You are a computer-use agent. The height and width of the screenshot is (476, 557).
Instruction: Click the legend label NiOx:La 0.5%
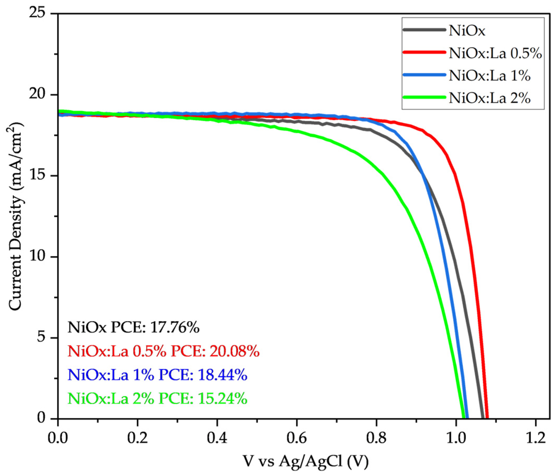pyautogui.click(x=495, y=53)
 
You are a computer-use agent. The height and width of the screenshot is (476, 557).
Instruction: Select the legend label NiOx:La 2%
pyautogui.click(x=489, y=98)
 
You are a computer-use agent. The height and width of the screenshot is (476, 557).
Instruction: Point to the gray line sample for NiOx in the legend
pyautogui.click(x=424, y=30)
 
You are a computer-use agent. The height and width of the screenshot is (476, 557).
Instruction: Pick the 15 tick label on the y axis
pyautogui.click(x=40, y=176)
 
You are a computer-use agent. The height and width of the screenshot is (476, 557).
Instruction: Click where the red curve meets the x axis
pyautogui.click(x=487, y=419)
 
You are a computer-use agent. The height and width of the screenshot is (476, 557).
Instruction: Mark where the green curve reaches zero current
pyautogui.click(x=464, y=419)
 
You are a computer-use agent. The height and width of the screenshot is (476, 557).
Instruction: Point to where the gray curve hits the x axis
pyautogui.click(x=483, y=419)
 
